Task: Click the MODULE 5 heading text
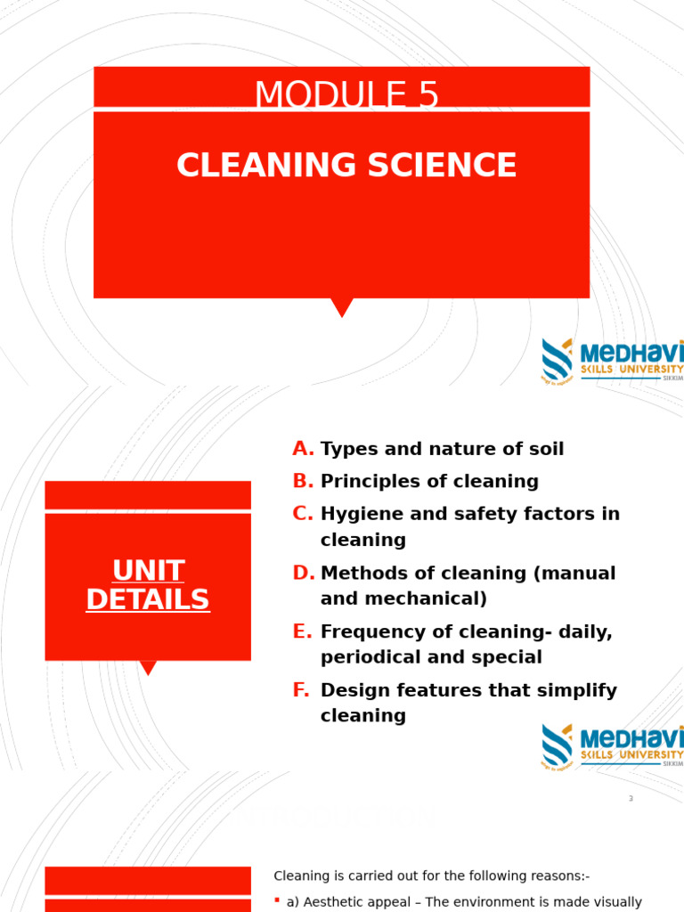[x=346, y=95]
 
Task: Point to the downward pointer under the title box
[x=342, y=307]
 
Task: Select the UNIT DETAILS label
[x=148, y=585]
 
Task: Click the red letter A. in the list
[x=303, y=449]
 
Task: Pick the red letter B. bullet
[x=303, y=482]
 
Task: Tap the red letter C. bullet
[x=303, y=514]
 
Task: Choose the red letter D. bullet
[x=303, y=574]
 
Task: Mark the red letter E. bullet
[x=303, y=632]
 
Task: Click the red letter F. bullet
[x=302, y=690]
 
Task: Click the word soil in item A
[x=544, y=449]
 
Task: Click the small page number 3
[x=631, y=799]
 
